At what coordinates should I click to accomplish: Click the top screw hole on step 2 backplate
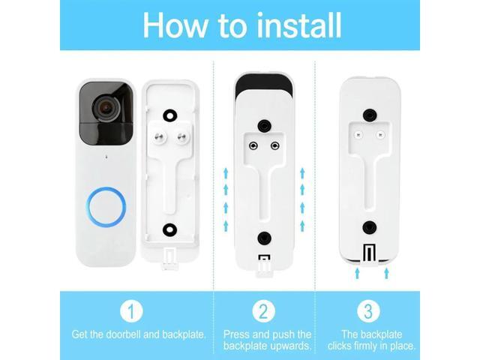(263, 124)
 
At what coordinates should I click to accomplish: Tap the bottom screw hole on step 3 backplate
(368, 227)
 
